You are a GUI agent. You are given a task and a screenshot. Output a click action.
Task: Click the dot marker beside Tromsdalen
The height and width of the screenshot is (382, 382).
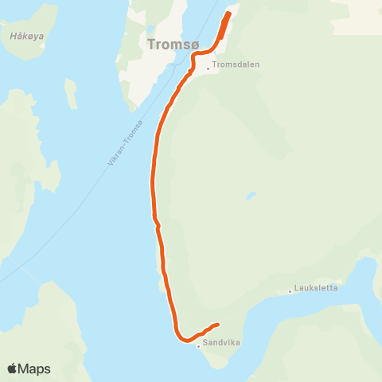click(x=208, y=68)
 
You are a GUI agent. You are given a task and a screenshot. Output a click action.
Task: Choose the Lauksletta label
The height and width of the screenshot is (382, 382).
click(x=316, y=288)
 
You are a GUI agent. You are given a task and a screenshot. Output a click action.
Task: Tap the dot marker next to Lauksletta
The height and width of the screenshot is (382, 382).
click(x=290, y=291)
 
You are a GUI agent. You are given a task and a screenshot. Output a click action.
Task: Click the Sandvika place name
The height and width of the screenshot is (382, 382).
click(x=221, y=343)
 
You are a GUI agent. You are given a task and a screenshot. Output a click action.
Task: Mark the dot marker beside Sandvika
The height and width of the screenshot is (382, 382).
click(x=198, y=346)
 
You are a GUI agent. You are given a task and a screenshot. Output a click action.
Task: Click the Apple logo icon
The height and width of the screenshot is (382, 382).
click(x=12, y=368)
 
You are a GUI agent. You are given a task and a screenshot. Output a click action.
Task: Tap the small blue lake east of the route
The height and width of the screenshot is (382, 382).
click(x=251, y=195)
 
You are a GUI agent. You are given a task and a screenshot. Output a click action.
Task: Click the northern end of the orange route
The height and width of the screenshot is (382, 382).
click(x=228, y=14)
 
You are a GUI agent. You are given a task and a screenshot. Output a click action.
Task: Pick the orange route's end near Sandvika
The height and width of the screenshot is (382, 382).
click(x=217, y=324)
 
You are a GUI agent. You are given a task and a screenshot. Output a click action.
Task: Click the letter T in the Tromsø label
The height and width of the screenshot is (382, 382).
click(x=151, y=45)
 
